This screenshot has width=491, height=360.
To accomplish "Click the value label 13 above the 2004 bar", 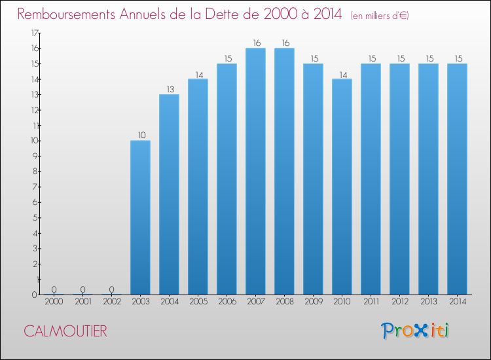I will tap(169, 90).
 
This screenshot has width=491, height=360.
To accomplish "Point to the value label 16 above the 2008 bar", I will tap(284, 43).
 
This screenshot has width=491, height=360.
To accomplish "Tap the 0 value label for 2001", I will tap(82, 289).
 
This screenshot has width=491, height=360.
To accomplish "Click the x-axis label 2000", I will tap(54, 302).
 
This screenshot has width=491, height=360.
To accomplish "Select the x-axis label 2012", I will tap(399, 302).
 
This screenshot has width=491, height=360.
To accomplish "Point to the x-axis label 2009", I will tap(313, 302).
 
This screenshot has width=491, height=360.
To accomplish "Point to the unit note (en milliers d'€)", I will tap(380, 16).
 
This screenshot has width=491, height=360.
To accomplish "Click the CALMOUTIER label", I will tap(65, 331).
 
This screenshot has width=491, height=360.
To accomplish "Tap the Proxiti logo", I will tap(415, 331).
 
